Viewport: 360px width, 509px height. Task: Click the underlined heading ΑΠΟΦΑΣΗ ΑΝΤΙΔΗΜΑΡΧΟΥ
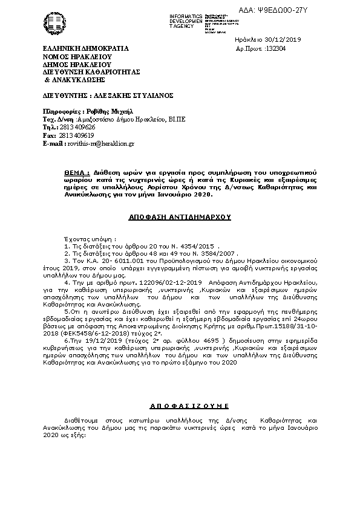[180, 216]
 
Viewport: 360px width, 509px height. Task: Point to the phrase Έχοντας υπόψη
[88, 239]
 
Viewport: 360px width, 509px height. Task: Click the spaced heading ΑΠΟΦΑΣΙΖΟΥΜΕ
[180, 406]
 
